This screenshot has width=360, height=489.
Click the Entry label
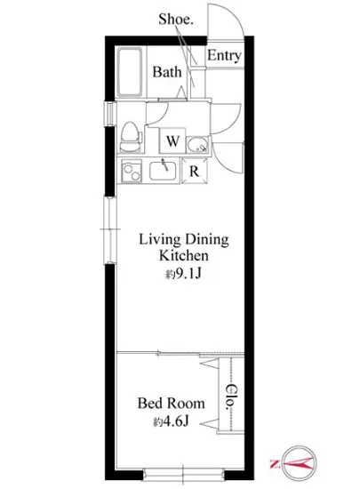[224, 56]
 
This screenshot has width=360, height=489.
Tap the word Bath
[167, 72]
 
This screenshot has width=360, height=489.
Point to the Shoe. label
[176, 19]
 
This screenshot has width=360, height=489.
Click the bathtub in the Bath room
[130, 72]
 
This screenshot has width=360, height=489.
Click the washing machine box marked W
[172, 140]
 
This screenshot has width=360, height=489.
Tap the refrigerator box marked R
[195, 171]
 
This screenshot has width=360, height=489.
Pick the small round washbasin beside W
[197, 145]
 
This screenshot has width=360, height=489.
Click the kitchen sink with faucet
[163, 171]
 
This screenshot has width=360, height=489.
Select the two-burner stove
[132, 171]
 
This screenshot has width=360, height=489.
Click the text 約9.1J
[184, 274]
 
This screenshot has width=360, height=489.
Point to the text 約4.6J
[171, 421]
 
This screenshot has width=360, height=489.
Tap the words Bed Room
[172, 404]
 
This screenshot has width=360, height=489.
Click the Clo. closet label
[231, 397]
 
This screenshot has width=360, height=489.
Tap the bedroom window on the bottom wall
[184, 475]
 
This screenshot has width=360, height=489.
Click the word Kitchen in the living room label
[184, 255]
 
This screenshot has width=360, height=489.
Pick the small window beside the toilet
[110, 114]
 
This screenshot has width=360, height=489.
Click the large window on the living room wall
[110, 230]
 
